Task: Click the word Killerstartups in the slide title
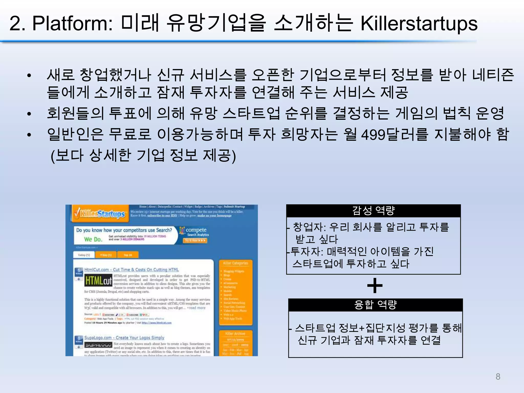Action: tap(419, 24)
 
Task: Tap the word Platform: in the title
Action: tap(72, 24)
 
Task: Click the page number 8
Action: tap(498, 377)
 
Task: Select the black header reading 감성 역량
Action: tap(373, 211)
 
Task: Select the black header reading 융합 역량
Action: tap(375, 305)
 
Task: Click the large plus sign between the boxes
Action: tap(375, 286)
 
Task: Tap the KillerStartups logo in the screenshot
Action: tap(100, 213)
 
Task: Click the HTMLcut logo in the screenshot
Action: tap(99, 281)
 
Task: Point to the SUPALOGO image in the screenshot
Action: tap(99, 345)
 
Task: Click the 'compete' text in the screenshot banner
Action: tap(196, 230)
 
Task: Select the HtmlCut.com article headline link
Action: tap(132, 270)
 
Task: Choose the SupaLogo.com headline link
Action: tap(124, 338)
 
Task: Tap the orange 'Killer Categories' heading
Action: tap(235, 263)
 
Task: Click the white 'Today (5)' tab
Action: tap(84, 255)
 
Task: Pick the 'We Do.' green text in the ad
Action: tap(93, 239)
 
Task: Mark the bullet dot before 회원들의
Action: tap(29, 114)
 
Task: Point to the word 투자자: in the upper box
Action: tap(307, 252)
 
